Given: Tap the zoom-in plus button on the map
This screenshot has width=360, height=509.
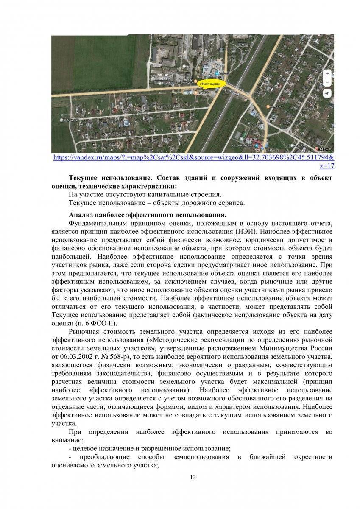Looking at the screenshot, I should pyautogui.click(x=327, y=73).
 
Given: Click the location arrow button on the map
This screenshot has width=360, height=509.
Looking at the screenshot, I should pyautogui.click(x=327, y=93).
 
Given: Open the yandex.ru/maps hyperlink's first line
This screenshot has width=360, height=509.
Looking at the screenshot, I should pyautogui.click(x=194, y=157).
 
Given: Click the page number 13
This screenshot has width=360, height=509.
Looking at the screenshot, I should pyautogui.click(x=193, y=478).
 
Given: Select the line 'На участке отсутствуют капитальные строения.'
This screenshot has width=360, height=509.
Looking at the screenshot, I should pyautogui.click(x=145, y=194).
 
